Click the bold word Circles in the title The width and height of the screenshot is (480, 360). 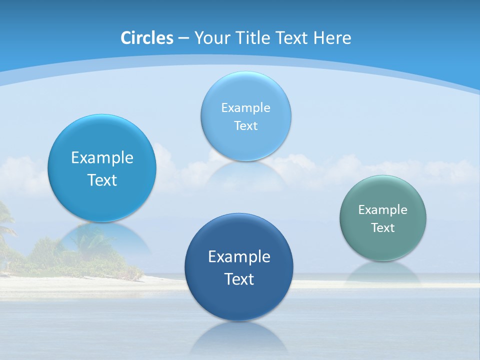(x=146, y=38)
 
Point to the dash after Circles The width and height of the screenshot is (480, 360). (x=183, y=38)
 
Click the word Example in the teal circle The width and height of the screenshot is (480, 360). (x=382, y=210)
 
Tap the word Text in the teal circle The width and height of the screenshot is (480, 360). (x=382, y=228)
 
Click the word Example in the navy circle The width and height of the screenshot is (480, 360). (x=238, y=257)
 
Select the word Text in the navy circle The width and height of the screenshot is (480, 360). (x=238, y=279)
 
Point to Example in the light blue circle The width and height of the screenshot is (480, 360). (x=245, y=108)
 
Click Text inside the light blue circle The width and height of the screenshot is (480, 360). (x=245, y=126)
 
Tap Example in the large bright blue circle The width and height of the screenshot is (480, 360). (x=102, y=158)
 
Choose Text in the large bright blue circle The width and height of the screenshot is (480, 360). (x=102, y=180)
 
